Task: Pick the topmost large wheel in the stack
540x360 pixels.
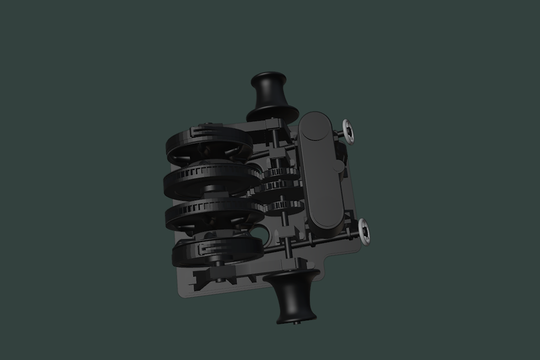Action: [x=209, y=145]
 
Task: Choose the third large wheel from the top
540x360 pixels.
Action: [x=215, y=213]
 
